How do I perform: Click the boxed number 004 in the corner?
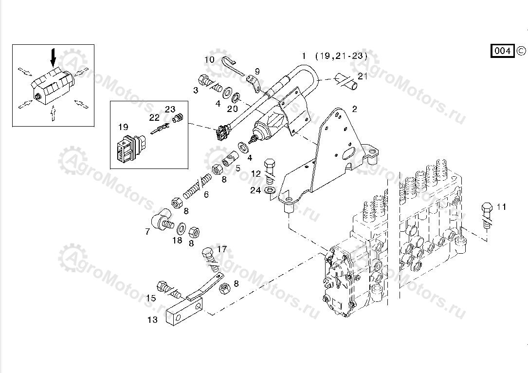pyautogui.click(x=502, y=51)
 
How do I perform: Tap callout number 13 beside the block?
pyautogui.click(x=152, y=320)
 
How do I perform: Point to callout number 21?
pyautogui.click(x=363, y=76)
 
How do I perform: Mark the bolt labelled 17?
pyautogui.click(x=208, y=255)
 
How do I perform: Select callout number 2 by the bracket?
pyautogui.click(x=354, y=109)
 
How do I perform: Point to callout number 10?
pyautogui.click(x=209, y=60)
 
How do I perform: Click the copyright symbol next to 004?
pyautogui.click(x=521, y=50)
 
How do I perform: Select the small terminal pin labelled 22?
pyautogui.click(x=160, y=130)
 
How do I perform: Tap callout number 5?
pyautogui.click(x=238, y=168)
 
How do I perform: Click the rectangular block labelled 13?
pyautogui.click(x=183, y=310)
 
